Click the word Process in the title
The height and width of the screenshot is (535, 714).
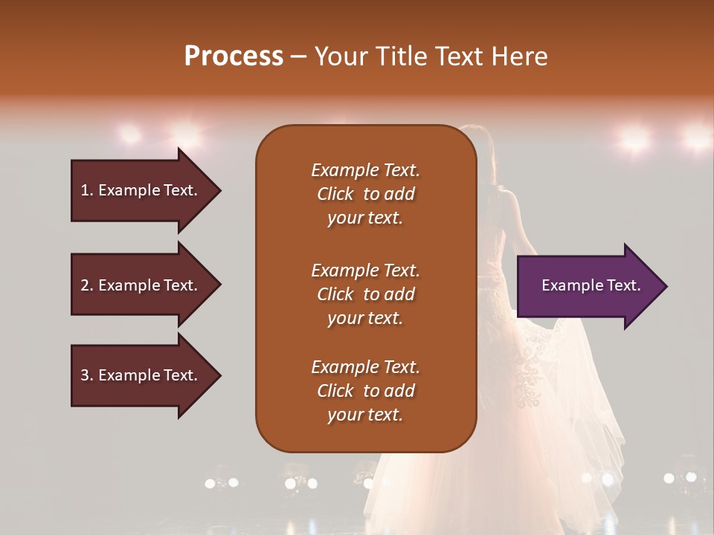pos(234,56)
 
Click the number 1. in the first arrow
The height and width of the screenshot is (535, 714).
pos(87,190)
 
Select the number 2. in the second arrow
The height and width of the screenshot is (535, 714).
pos(87,285)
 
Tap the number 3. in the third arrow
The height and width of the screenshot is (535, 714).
pos(87,375)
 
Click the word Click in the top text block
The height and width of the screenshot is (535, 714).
pos(335,194)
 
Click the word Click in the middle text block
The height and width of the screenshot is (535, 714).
pos(335,294)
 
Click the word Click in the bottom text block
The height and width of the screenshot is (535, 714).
pos(335,391)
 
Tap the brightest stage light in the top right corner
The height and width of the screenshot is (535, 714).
pos(697,137)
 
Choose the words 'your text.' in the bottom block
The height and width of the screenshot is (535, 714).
pos(365,415)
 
